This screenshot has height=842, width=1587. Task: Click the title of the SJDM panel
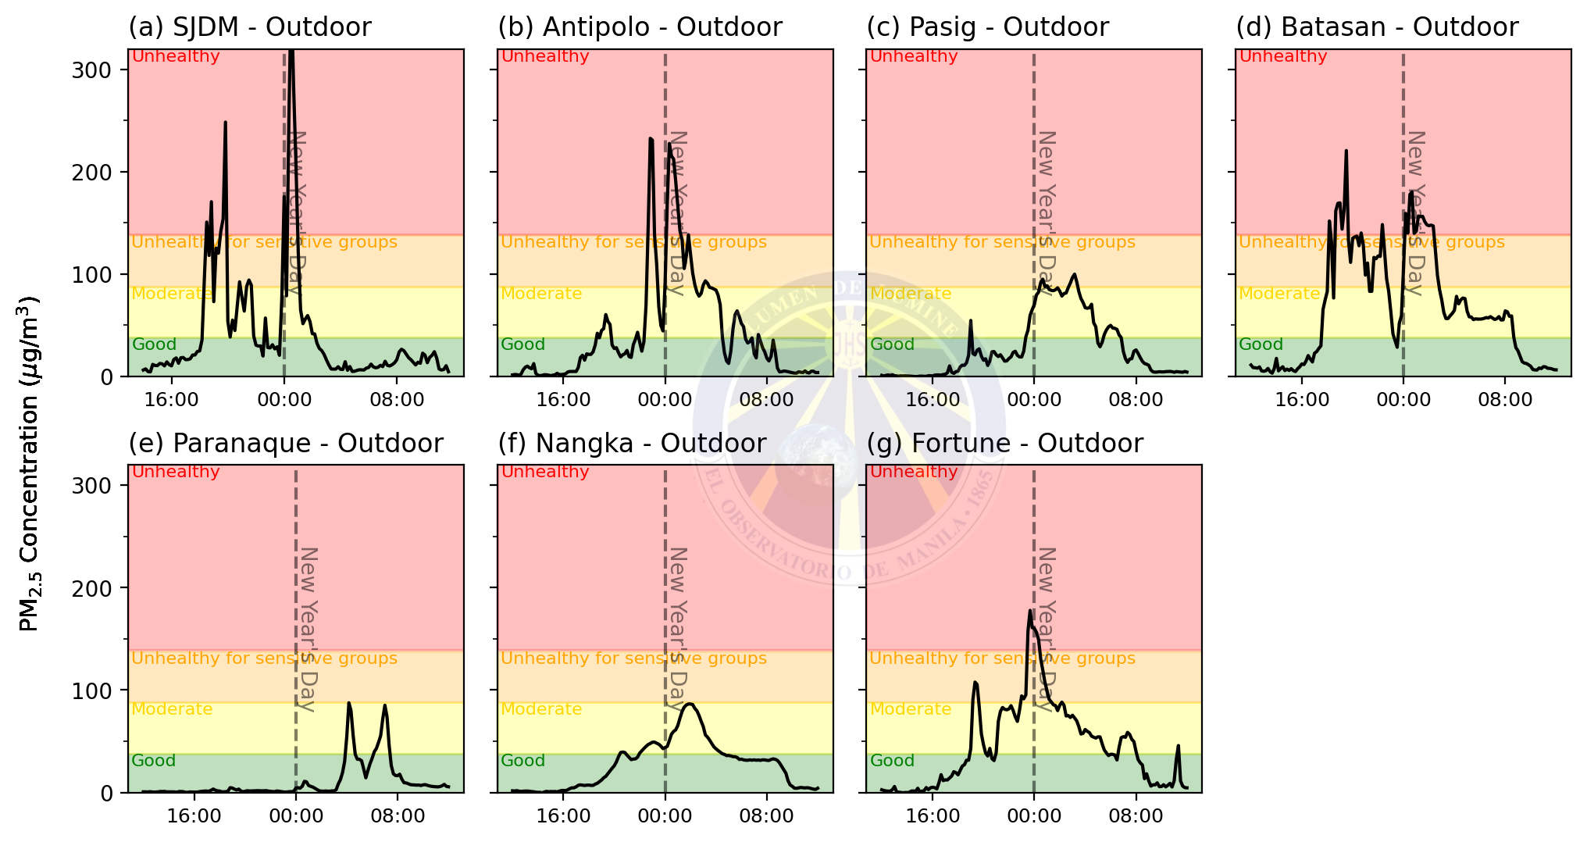tap(250, 27)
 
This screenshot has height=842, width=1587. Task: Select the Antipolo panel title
tap(640, 27)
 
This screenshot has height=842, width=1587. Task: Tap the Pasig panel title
tap(987, 27)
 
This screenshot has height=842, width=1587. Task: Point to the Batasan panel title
tap(1377, 27)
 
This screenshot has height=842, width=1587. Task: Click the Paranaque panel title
tap(286, 444)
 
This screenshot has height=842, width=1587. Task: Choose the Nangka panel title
tap(632, 444)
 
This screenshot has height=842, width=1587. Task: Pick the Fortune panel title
tap(1004, 444)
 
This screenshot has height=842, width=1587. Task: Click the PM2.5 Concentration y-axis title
tap(30, 464)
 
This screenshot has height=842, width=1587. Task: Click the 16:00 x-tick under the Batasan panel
tap(1302, 400)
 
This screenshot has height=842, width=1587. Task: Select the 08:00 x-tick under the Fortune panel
tap(1136, 816)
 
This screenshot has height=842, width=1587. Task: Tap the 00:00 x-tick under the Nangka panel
tap(665, 816)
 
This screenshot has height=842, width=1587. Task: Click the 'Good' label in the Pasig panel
tap(892, 344)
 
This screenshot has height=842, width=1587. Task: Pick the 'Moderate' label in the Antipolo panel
tap(541, 294)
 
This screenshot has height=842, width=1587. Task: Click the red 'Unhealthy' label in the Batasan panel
tap(1283, 56)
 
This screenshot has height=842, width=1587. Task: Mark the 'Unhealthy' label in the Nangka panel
tap(545, 472)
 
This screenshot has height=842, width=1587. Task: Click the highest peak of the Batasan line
tap(1346, 151)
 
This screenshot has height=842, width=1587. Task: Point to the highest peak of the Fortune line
tap(1030, 612)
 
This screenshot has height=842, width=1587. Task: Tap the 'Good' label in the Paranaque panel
tap(154, 761)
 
